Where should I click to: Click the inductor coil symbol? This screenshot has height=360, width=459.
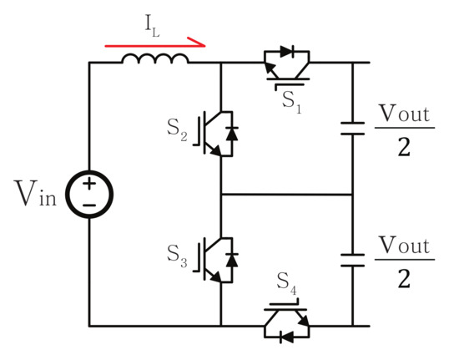(x=155, y=59)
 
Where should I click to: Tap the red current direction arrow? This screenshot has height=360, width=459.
(x=155, y=38)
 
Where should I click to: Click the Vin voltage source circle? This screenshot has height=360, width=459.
(x=89, y=194)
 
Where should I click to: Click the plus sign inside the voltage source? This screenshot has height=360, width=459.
(x=89, y=184)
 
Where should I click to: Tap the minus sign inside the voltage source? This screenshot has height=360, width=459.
(x=89, y=205)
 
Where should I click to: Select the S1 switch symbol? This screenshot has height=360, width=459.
(x=285, y=63)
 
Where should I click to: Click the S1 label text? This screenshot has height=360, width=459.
(x=290, y=99)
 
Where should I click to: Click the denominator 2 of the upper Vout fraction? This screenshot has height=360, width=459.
(x=404, y=148)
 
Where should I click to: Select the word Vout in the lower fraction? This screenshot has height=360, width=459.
(x=404, y=246)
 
